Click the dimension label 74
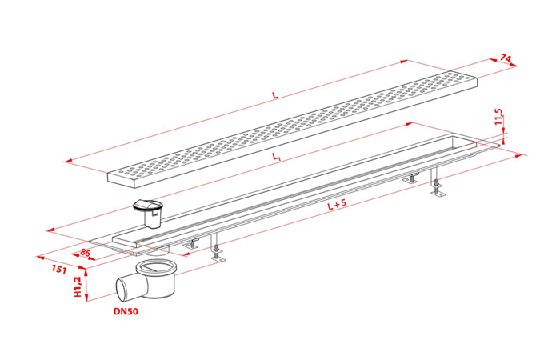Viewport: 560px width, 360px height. (506, 58)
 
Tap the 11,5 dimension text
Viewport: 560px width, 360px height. (499, 117)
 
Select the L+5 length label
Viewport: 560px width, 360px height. (337, 204)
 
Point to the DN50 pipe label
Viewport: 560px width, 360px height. (126, 311)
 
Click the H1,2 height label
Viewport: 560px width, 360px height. (78, 286)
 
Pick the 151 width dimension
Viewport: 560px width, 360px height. (58, 270)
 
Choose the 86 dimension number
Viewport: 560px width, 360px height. (85, 253)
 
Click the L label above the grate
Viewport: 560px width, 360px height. (274, 95)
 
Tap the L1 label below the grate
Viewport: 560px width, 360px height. (276, 157)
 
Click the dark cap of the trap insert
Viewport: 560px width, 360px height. (148, 206)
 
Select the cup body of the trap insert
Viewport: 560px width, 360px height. (153, 219)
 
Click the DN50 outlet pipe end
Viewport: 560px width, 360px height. (122, 288)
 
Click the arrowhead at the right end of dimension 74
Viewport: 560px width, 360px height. (514, 65)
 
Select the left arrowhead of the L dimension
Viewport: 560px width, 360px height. (69, 162)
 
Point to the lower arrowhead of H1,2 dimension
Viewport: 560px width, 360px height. (86, 298)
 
